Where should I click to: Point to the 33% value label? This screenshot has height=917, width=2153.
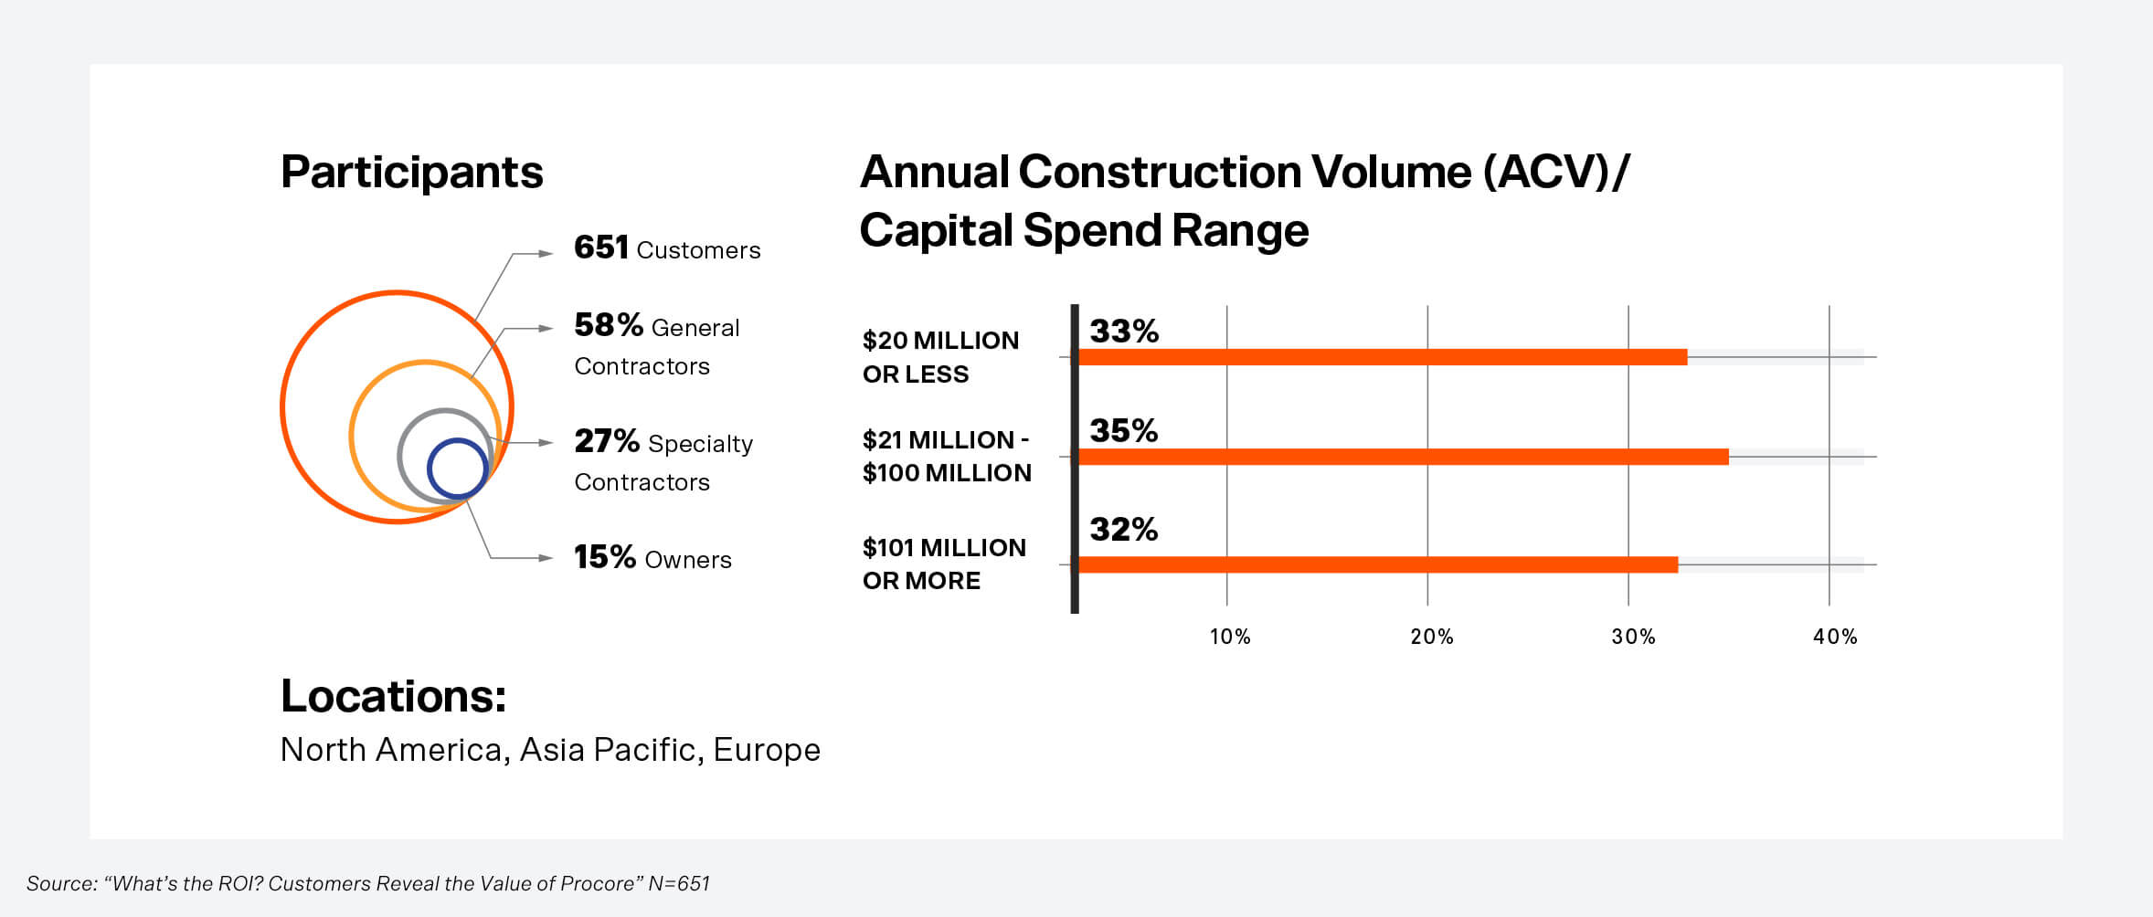pos(1123,331)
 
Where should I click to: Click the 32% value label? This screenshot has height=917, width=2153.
pos(1123,529)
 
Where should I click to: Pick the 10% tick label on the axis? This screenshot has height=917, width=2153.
pos(1230,637)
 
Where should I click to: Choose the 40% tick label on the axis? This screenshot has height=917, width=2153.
pos(1835,637)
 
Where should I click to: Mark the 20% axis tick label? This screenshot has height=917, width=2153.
pos(1431,637)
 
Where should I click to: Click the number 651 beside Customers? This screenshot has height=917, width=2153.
pos(600,248)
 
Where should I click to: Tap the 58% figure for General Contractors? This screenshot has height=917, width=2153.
pos(608,325)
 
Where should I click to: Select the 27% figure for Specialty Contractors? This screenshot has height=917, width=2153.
pos(606,441)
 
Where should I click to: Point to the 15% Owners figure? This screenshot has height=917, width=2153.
pos(604,557)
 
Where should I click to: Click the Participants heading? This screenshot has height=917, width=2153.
pos(411,172)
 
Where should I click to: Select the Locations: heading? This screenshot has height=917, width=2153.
pos(393,696)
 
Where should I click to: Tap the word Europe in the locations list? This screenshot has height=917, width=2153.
pos(766,750)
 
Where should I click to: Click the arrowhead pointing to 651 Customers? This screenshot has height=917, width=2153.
pos(546,254)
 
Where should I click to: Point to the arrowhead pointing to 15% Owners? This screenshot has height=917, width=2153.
pos(546,558)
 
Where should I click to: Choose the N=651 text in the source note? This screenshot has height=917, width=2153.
pos(678,883)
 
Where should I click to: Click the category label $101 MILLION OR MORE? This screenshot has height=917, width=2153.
pos(944,564)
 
